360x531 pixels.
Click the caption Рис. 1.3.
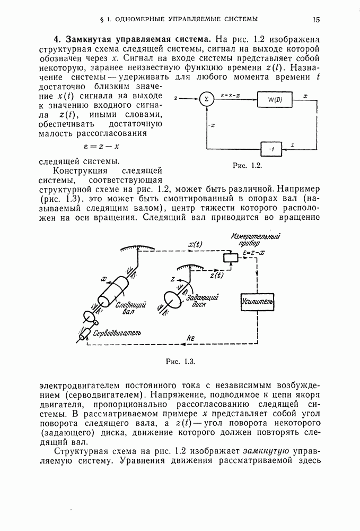[181, 362]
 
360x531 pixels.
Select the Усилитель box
[257, 303]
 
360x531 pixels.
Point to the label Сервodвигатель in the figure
[117, 333]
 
